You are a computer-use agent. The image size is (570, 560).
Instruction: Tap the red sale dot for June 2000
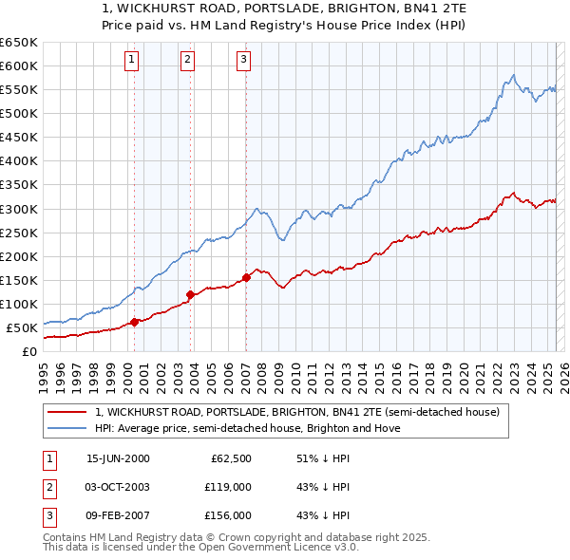[134, 321]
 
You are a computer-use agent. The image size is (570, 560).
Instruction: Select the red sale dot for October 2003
[190, 294]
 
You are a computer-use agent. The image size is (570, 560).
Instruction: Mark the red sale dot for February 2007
[246, 277]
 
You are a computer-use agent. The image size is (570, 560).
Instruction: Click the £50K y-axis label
[22, 328]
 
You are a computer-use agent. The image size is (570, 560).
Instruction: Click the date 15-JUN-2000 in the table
[118, 458]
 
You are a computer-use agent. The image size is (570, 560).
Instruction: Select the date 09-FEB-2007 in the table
[118, 515]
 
